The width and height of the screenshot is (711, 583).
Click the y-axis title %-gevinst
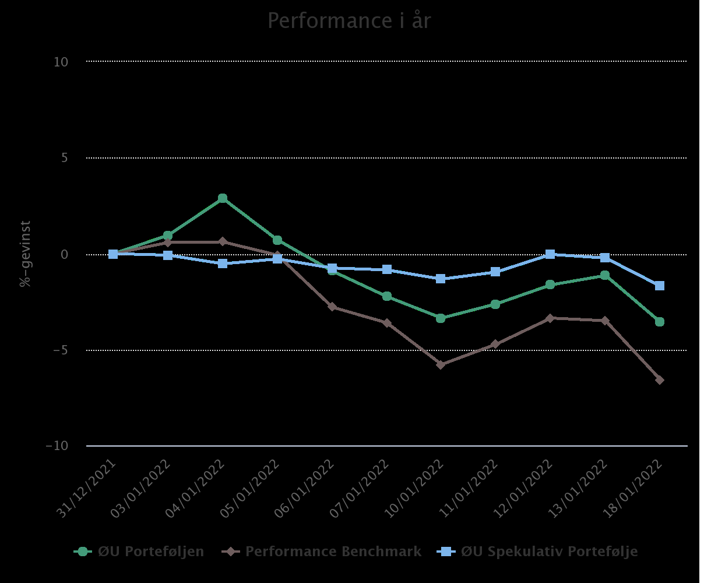click(25, 254)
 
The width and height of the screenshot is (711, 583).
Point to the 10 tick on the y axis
click(61, 62)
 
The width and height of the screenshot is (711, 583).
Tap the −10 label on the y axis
click(57, 446)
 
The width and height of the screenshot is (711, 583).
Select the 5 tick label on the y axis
click(64, 158)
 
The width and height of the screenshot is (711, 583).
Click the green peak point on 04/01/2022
click(223, 198)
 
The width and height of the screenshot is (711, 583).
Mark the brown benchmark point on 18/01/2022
click(660, 380)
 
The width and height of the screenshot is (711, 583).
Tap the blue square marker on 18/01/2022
click(660, 286)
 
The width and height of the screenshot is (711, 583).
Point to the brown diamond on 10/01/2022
click(441, 365)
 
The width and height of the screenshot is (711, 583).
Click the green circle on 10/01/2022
click(441, 318)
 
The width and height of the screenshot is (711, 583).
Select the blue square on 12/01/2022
click(550, 254)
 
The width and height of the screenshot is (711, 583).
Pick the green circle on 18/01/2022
click(660, 322)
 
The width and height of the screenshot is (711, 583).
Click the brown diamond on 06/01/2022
click(332, 307)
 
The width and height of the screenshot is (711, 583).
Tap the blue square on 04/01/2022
click(223, 264)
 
